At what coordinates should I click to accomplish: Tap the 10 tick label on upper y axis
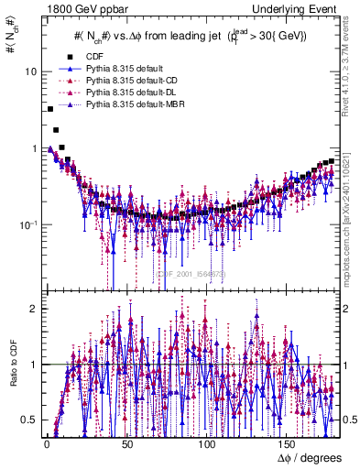(31, 71)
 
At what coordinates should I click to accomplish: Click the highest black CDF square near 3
(49, 109)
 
